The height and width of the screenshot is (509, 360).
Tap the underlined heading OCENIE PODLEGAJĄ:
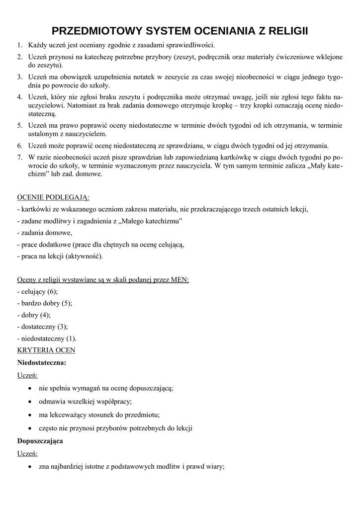pos(50,197)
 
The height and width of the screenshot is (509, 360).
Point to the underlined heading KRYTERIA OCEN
pos(46,350)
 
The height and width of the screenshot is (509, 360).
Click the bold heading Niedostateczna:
pos(42,362)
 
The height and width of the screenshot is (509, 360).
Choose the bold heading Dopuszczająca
pos(40,441)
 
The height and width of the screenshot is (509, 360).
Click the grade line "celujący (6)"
pos(38,291)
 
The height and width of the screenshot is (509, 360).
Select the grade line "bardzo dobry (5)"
pos(45,303)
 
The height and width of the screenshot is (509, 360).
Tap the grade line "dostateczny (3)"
pos(43,327)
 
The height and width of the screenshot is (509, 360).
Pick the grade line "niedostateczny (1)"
pos(47,339)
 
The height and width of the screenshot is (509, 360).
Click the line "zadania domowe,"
pos(45,233)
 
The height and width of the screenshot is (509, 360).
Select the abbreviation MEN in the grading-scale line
pos(179,279)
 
